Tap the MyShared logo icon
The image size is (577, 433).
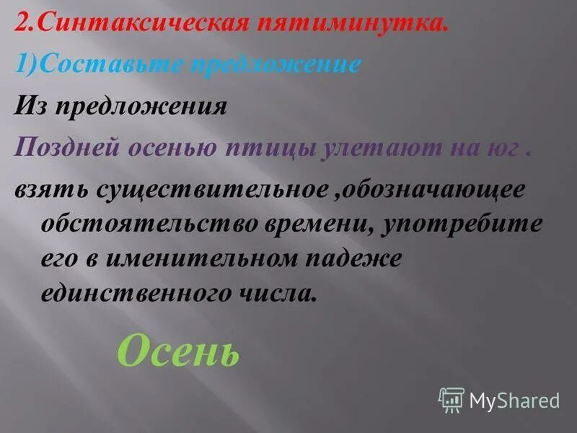[x=451, y=399]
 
